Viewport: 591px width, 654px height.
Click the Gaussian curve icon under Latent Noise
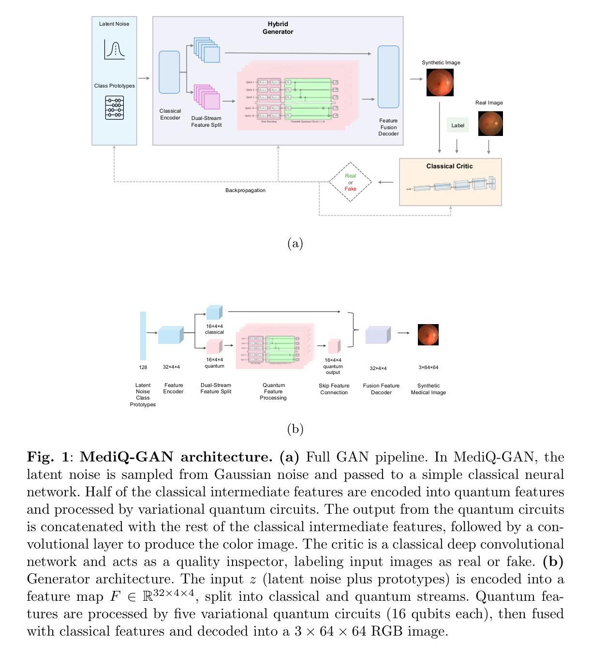[x=115, y=50]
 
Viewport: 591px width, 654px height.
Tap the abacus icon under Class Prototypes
[x=115, y=107]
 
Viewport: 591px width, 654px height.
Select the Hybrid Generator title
[x=278, y=28]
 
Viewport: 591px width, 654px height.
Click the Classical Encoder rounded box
[x=169, y=72]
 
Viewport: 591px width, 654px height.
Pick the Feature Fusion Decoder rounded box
[x=388, y=77]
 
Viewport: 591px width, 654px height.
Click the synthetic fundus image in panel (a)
[x=440, y=82]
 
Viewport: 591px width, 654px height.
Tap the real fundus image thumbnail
[x=490, y=123]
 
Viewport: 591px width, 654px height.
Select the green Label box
[x=458, y=125]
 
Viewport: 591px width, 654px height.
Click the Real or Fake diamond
[x=351, y=182]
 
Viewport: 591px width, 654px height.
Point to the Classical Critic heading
[x=449, y=166]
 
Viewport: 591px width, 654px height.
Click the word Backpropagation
[x=245, y=190]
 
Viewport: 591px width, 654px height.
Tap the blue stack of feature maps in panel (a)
[x=207, y=50]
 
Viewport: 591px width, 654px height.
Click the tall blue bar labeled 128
[x=143, y=336]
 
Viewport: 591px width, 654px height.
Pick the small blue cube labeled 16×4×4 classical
[x=214, y=312]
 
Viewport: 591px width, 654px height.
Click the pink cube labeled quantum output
[x=334, y=346]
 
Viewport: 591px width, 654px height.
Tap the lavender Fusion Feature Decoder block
[x=378, y=335]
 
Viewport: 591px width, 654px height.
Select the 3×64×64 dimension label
[x=428, y=367]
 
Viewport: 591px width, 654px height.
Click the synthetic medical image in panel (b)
[x=428, y=335]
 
